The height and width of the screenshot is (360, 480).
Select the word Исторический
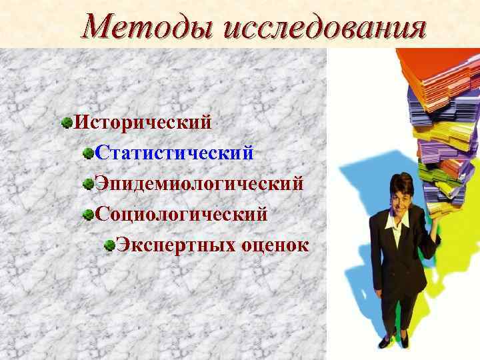tap(143, 123)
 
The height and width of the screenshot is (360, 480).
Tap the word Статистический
tap(174, 153)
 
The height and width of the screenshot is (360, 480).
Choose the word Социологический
tap(181, 214)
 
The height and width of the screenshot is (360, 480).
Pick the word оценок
tap(271, 245)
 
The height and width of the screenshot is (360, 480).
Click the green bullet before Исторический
tap(66, 123)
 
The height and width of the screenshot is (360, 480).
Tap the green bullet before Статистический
tap(88, 153)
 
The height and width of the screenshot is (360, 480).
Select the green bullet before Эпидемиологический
tap(88, 183)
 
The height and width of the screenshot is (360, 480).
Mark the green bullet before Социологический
tap(88, 214)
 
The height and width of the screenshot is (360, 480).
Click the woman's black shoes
tap(393, 337)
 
